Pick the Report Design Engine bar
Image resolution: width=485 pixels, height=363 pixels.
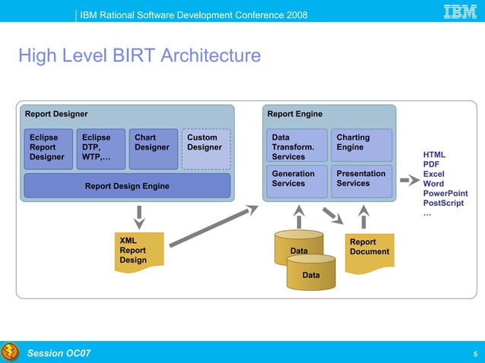(127, 185)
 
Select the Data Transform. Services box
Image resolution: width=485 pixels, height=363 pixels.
(296, 147)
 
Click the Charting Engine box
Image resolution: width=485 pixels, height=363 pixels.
(361, 144)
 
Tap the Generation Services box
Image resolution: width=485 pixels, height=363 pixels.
(296, 179)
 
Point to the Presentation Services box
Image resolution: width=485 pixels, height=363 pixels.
(361, 179)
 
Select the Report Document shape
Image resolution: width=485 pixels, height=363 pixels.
(369, 248)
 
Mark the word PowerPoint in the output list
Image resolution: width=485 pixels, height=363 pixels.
(445, 194)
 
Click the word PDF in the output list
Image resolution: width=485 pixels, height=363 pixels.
(431, 164)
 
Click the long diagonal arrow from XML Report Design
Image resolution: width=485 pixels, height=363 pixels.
(213, 224)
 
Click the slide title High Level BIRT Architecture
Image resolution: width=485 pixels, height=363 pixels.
(139, 56)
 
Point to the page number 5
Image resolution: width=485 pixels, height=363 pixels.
(475, 354)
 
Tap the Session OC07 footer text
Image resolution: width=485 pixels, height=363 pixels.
(59, 353)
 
